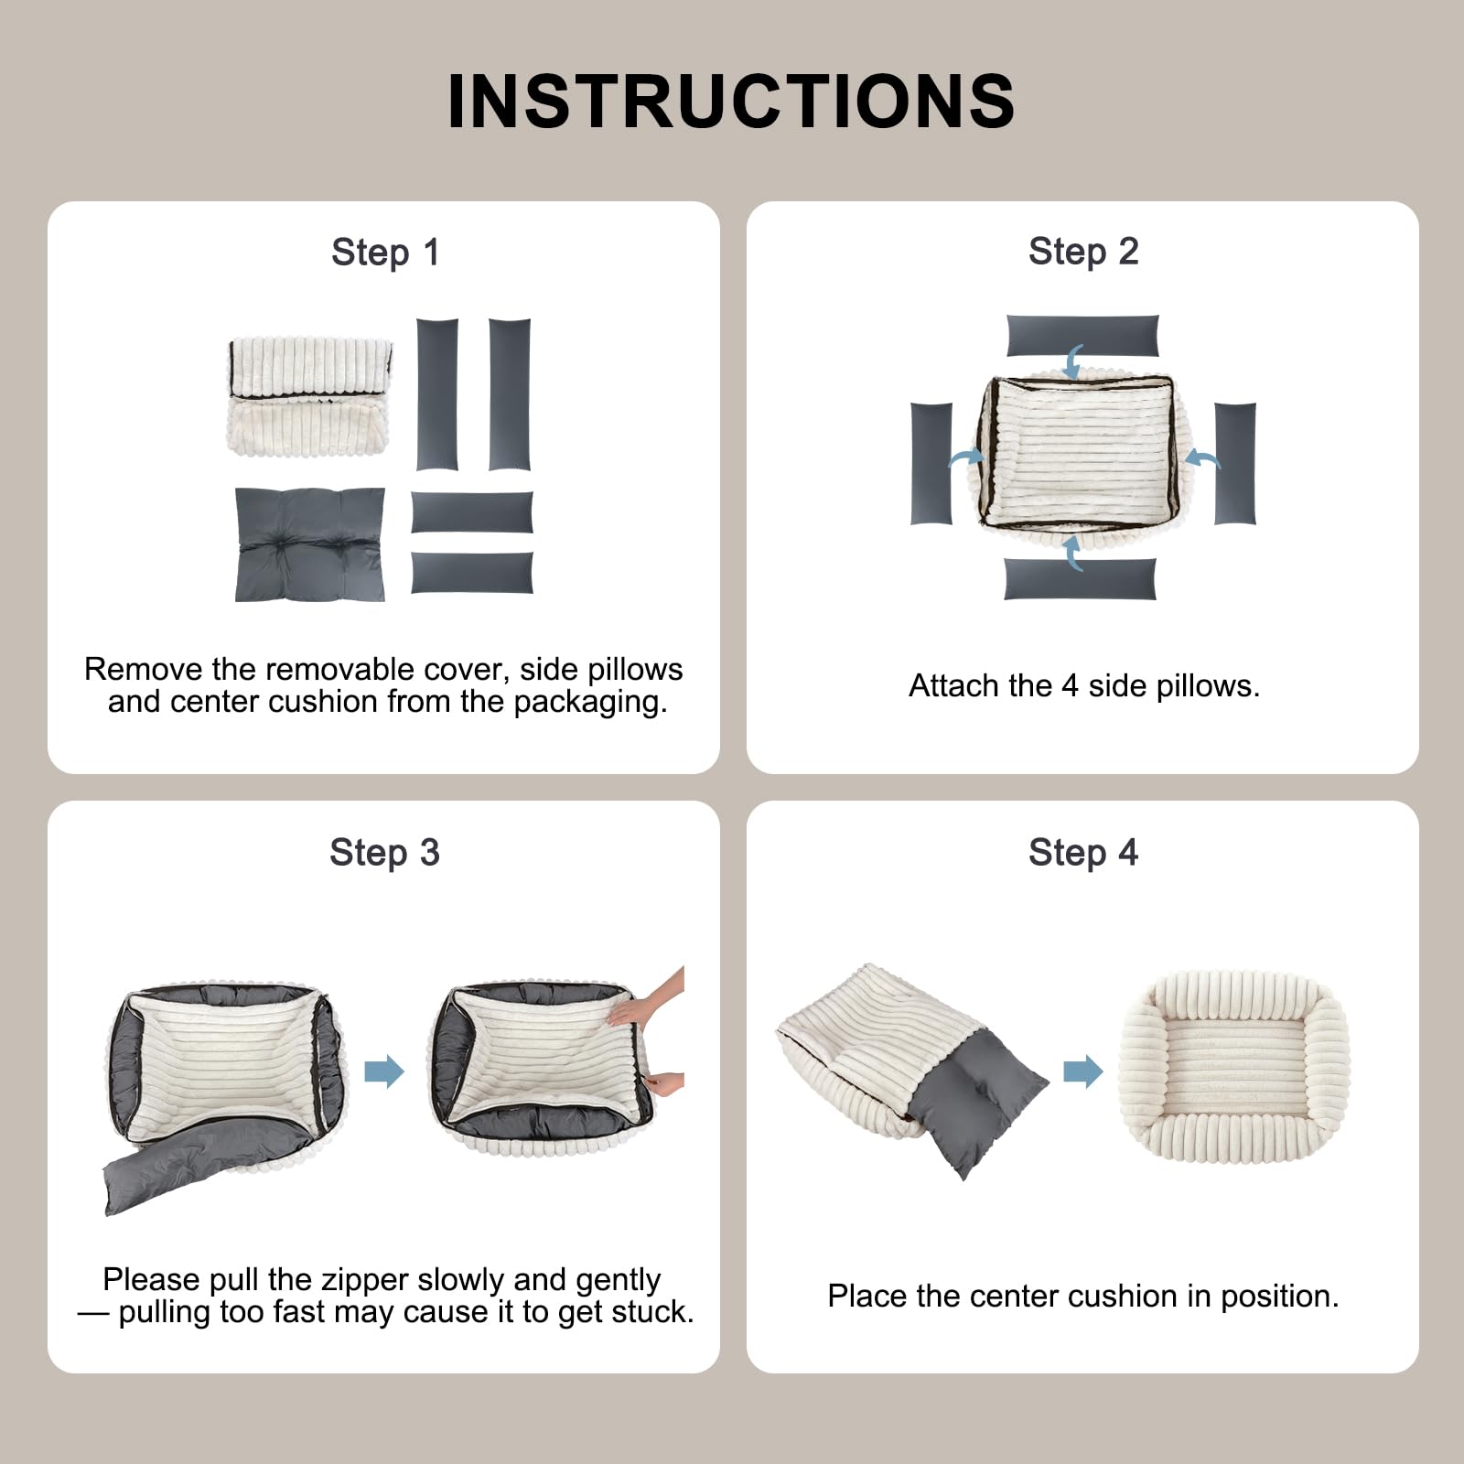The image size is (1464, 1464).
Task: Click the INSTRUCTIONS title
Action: pos(731,101)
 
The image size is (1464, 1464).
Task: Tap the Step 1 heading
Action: pos(385,252)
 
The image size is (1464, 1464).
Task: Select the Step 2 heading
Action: pos(1083,251)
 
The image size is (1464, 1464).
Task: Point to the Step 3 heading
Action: pos(384,852)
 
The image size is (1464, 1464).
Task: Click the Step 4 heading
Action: pos(1083,852)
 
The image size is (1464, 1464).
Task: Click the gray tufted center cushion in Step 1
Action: pos(310,544)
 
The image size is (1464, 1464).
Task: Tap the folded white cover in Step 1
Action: pos(309,395)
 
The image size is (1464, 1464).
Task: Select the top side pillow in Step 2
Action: pos(1082,336)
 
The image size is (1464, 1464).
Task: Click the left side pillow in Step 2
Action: pos(931,464)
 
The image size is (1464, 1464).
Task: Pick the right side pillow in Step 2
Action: pos(1235,464)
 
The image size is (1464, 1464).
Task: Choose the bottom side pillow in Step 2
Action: pos(1081,579)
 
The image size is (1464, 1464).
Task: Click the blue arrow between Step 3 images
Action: pos(384,1071)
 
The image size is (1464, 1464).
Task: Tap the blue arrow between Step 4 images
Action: pos(1083,1071)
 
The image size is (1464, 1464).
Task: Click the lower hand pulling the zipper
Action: pos(665,1084)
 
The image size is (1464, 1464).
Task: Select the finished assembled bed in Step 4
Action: pos(1234,1067)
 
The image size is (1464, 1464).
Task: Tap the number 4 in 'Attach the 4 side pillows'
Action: pos(1070,685)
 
